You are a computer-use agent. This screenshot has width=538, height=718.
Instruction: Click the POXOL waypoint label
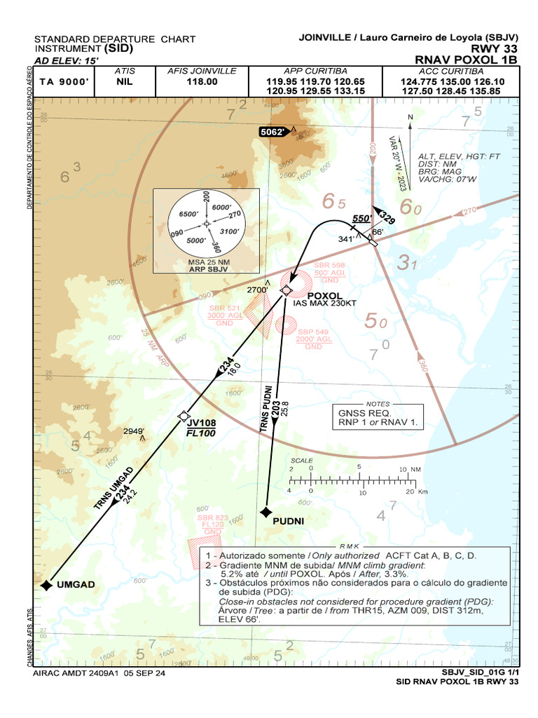326,295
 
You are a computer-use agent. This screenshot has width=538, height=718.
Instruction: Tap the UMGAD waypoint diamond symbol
46,585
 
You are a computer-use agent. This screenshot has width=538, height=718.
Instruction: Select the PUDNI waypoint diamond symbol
265,513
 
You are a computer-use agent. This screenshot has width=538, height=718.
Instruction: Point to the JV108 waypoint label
201,423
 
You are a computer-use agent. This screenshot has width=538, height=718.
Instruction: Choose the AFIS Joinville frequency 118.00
202,81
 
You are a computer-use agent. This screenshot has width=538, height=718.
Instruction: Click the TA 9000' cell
64,81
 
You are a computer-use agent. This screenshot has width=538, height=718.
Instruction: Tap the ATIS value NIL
125,81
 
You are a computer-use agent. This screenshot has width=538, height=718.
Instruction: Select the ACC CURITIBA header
451,71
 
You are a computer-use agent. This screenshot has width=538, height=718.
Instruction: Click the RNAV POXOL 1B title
465,60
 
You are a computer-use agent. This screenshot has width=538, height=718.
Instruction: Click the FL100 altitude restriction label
200,433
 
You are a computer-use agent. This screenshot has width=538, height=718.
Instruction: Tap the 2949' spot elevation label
134,431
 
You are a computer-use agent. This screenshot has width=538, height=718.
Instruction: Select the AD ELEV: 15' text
67,60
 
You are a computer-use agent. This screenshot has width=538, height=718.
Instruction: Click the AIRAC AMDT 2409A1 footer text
99,672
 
